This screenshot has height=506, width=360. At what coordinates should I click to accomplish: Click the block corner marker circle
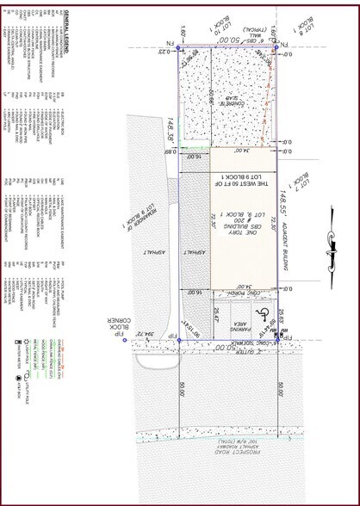coord(179,341)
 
